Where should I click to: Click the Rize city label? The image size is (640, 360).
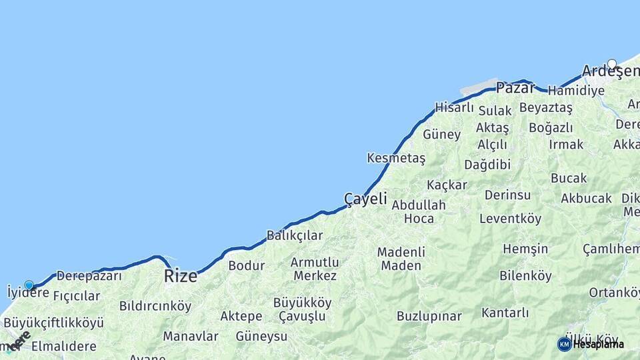181,275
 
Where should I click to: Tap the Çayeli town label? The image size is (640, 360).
365,198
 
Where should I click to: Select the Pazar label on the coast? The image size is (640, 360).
515,87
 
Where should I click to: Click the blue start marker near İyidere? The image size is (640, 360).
29,285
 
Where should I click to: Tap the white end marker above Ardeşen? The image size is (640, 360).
612,64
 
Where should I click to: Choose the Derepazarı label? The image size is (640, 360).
89,275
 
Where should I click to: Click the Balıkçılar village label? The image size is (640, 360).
295,235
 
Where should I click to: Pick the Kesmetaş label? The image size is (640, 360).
396,158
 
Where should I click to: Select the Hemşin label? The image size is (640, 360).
525,249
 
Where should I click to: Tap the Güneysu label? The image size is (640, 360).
261,336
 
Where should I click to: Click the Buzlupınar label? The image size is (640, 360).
429,316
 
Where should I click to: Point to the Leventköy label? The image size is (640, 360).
511,218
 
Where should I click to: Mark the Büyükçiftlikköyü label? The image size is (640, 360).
55,323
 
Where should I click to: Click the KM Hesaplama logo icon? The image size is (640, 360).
564,344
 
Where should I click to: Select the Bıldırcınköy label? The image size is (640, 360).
155,306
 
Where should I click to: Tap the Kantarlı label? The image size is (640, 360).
505,312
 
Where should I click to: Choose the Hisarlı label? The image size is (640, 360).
455,107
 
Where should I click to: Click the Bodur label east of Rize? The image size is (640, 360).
247,265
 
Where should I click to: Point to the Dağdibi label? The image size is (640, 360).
487,164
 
